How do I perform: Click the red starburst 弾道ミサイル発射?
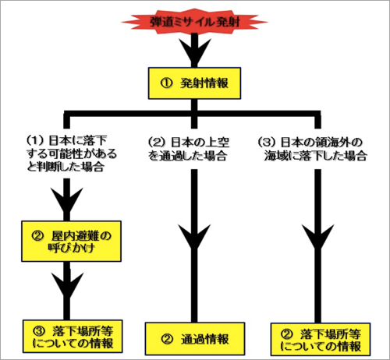point(194,22)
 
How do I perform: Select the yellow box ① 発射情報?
point(194,83)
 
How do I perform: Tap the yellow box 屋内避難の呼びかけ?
point(71,242)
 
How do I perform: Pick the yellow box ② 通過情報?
point(195,339)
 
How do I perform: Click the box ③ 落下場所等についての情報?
point(73,337)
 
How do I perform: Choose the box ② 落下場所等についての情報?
point(321,339)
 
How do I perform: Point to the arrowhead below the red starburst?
point(194,52)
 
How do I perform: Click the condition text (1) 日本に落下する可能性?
point(72,154)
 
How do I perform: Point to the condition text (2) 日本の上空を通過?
point(189,149)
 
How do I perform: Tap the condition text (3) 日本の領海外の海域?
point(313,149)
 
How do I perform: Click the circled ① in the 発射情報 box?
point(166,83)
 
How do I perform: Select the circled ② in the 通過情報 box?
point(167,339)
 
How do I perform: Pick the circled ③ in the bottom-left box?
point(39,330)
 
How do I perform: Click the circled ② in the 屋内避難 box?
point(37,235)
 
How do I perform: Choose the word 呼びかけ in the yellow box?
point(71,248)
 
